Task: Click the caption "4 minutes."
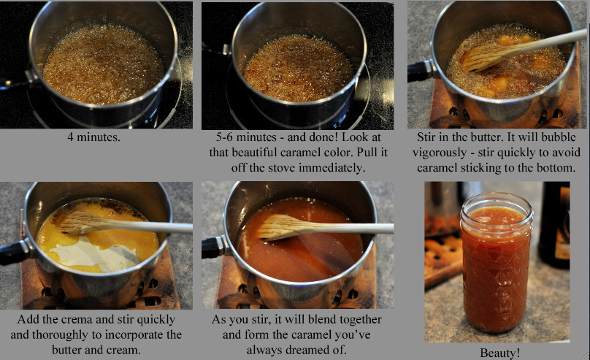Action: coord(93,137)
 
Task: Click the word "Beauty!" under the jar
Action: coord(499,353)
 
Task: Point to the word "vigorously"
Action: coord(440,153)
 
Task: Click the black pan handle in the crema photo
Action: coord(13,252)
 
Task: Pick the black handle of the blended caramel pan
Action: coord(214,248)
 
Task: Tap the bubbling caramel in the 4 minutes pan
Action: coord(104,64)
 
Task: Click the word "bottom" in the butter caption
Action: coord(556,168)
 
